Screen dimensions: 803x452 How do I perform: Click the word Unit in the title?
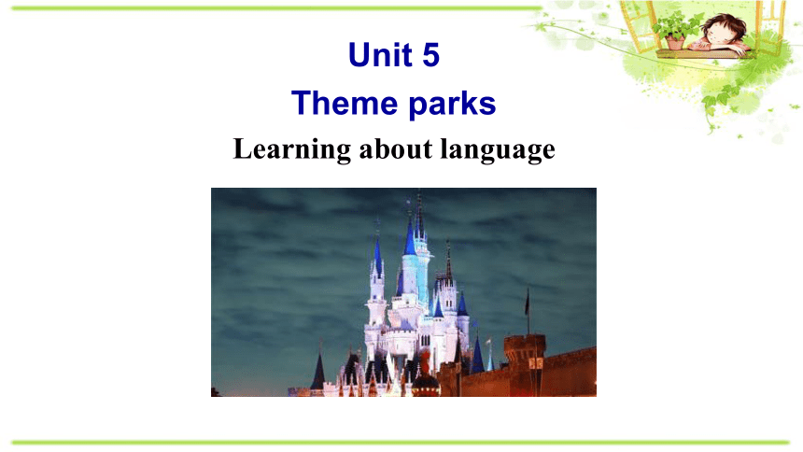[x=380, y=54]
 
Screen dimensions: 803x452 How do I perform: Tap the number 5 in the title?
[x=430, y=55]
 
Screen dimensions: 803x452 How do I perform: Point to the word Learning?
[x=292, y=149]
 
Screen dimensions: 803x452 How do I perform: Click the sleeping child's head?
[x=724, y=30]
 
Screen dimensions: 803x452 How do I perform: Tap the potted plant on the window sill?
[x=675, y=30]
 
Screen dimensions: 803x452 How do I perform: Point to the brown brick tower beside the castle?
[x=524, y=364]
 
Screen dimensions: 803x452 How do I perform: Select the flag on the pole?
[x=527, y=303]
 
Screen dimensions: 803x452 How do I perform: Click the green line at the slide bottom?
[x=401, y=443]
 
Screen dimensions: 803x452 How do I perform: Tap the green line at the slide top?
[x=276, y=8]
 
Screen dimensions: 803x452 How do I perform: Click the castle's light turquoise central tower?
[x=414, y=276]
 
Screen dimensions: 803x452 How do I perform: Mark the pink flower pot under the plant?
[x=675, y=43]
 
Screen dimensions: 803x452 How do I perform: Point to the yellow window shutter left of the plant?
[x=638, y=25]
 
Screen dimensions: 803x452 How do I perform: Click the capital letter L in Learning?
[x=242, y=148]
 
